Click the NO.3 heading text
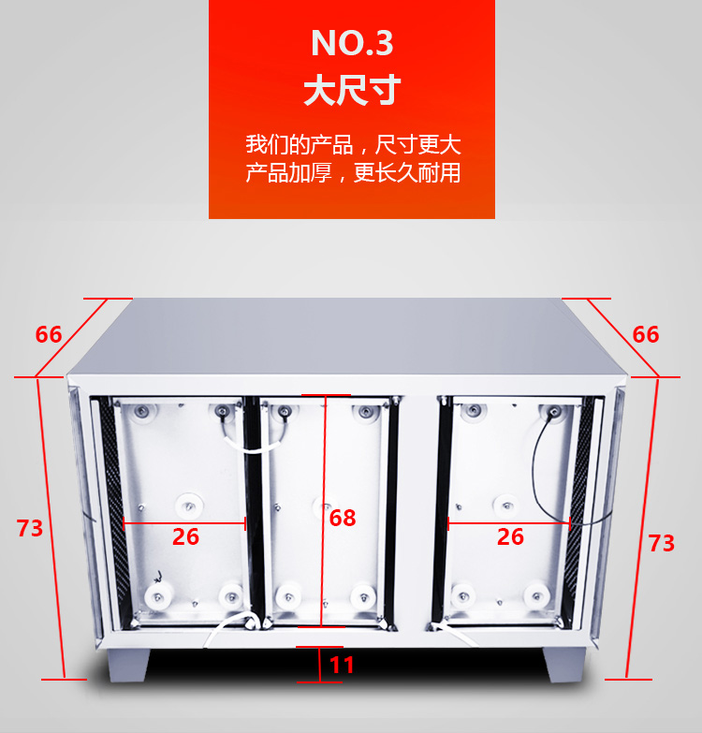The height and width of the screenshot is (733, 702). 352,43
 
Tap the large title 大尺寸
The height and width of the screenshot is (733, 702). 352,89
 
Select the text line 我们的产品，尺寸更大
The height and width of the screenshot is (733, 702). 353,144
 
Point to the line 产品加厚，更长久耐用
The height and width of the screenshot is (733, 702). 353,172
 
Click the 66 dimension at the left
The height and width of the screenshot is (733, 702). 49,335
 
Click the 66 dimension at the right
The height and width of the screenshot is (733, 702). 646,335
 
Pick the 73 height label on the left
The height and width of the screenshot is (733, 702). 30,528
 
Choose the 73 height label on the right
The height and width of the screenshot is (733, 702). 662,543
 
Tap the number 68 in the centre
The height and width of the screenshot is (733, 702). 343,518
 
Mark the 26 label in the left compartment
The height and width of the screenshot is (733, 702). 185,536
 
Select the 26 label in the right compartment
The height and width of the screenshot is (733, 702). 510,536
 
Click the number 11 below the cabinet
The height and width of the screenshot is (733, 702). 342,666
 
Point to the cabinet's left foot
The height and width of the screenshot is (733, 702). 128,665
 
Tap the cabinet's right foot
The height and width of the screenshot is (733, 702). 564,664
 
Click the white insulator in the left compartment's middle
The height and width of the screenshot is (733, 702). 189,506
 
